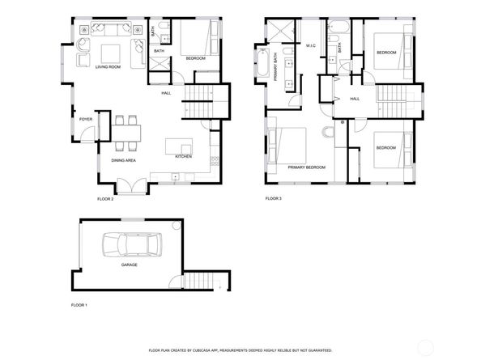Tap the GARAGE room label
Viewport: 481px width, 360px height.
129,265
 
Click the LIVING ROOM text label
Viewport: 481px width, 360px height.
108,66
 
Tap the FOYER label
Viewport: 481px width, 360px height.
85,120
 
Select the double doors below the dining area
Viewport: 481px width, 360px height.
128,188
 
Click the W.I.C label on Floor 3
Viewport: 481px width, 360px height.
310,45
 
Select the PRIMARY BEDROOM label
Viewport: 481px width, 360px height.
306,167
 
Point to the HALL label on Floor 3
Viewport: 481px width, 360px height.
355,99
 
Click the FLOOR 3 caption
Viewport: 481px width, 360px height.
275,198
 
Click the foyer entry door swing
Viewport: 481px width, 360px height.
101,120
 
